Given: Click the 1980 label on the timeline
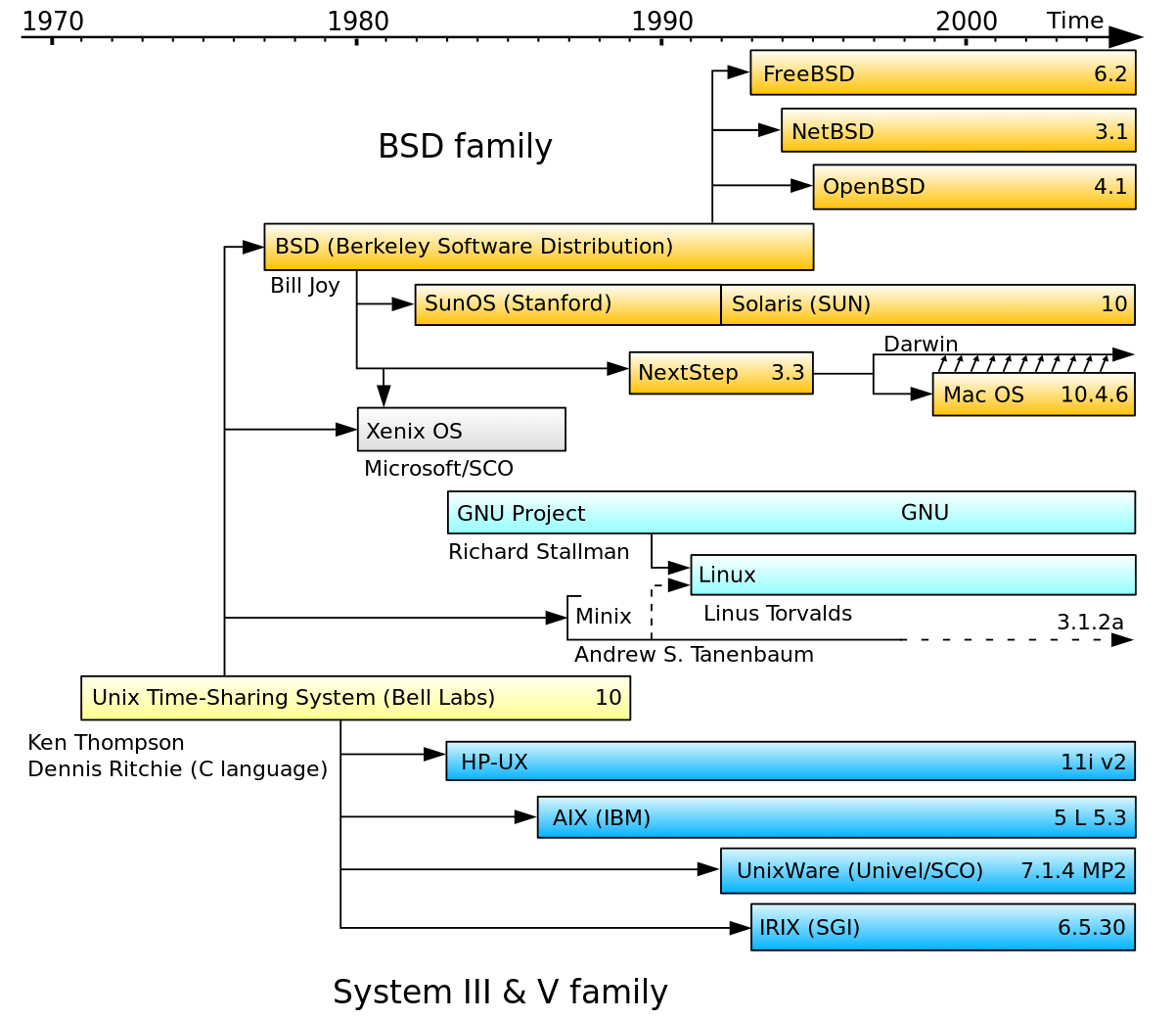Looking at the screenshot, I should tap(357, 21).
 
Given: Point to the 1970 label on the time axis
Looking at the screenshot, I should tap(53, 21).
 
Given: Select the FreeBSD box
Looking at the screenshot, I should tap(942, 73).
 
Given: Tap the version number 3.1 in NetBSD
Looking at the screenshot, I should tap(1111, 131).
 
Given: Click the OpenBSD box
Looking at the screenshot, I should tap(973, 187).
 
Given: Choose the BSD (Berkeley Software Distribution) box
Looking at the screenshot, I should tap(538, 247).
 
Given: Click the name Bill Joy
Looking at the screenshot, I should tap(305, 286).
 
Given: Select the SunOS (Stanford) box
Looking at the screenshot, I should tap(567, 304).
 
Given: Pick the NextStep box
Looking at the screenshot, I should tap(720, 373).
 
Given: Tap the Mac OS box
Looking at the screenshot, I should tap(1033, 394).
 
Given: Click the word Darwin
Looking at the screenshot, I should tap(921, 344).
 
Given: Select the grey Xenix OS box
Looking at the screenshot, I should tap(461, 430).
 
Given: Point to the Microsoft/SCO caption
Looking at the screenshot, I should tap(438, 469).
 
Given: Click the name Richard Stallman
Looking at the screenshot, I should tap(538, 552).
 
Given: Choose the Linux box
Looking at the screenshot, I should tap(912, 575).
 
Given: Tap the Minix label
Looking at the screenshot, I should tap(603, 617).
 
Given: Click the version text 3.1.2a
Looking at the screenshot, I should tap(1090, 623).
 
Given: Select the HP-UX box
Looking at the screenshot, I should tap(790, 762).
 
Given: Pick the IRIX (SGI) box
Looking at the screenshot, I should tap(942, 927).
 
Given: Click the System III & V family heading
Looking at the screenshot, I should tap(500, 992).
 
